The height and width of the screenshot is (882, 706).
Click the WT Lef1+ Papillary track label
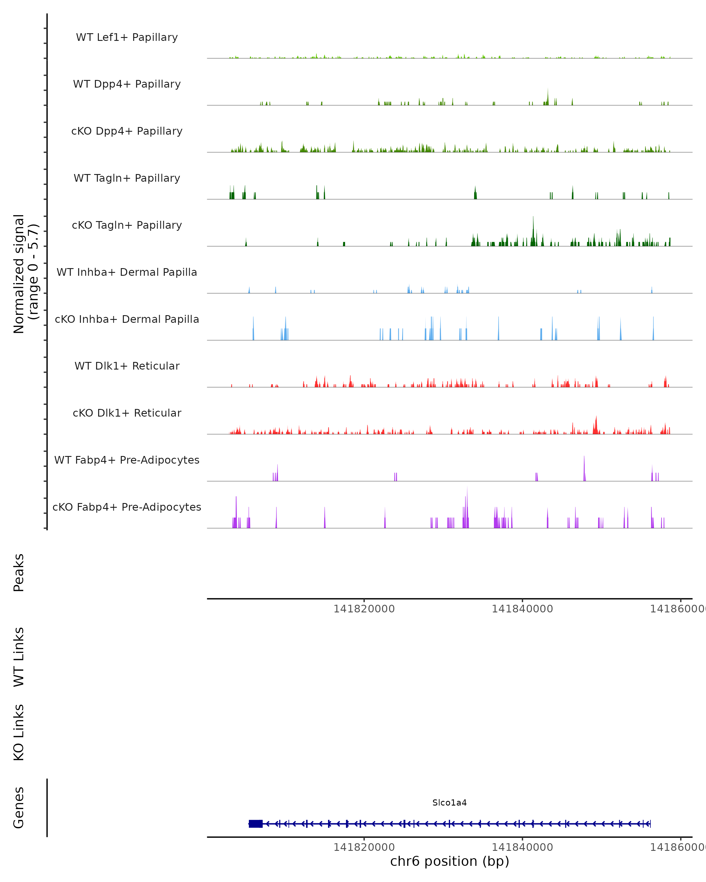[x=127, y=37]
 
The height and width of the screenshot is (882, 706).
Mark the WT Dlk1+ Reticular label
[x=127, y=366]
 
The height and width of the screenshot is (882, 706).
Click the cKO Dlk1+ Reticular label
[x=127, y=413]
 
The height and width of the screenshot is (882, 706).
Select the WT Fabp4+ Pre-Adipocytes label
[x=127, y=460]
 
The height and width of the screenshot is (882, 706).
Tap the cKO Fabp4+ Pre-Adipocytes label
[x=127, y=507]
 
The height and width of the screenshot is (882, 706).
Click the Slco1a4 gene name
[x=449, y=803]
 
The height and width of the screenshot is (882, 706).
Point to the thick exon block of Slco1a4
[x=255, y=824]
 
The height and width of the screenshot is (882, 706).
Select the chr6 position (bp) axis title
[x=449, y=861]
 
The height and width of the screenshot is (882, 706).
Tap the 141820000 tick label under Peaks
[x=364, y=609]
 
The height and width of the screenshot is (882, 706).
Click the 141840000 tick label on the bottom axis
[x=522, y=847]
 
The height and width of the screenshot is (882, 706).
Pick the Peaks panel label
[x=19, y=572]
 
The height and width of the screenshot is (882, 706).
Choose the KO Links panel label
[x=19, y=732]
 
